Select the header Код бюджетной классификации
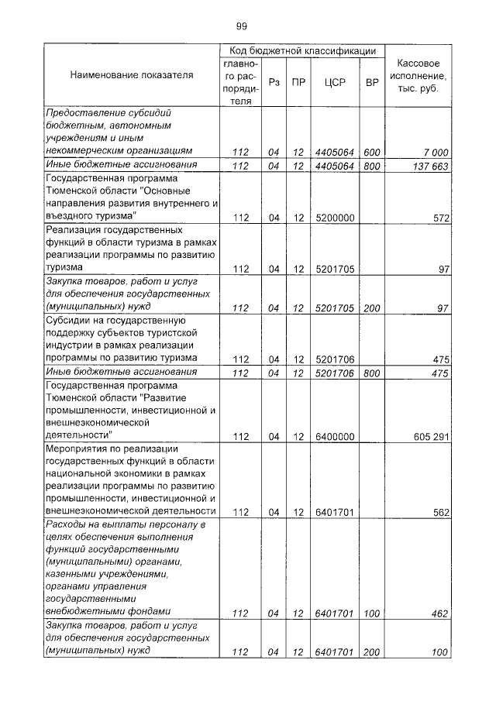click(303, 50)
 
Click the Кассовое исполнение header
click(418, 77)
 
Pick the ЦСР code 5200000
click(335, 218)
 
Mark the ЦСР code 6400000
click(335, 437)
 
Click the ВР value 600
click(372, 152)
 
